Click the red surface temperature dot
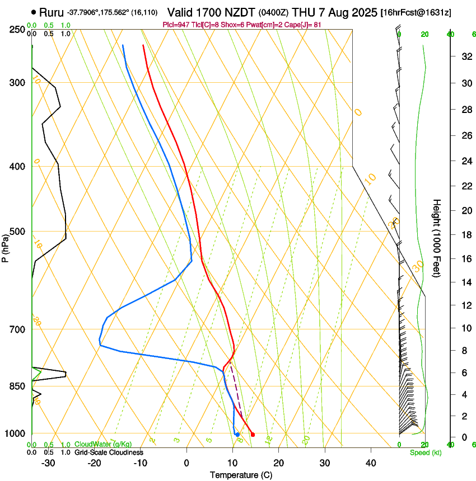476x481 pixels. point(253,435)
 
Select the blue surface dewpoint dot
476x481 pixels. point(237,435)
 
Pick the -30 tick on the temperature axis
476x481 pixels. point(48,463)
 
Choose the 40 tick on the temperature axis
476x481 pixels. point(371,463)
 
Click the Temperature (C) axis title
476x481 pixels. point(240,475)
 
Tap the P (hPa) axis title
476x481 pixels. point(5,247)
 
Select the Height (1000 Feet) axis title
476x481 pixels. point(437,238)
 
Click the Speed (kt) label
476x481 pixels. point(422,452)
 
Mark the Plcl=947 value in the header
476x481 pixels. point(175,25)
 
